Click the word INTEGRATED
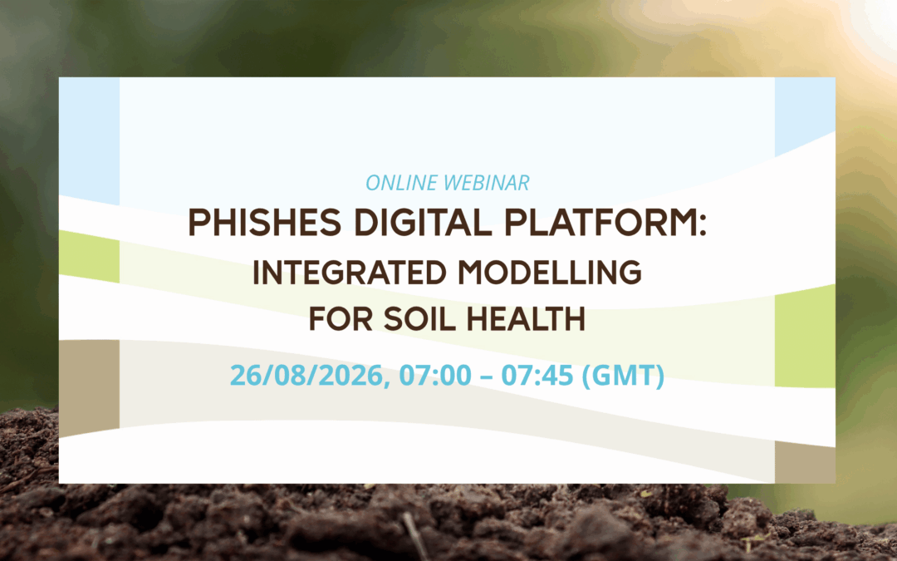(349, 273)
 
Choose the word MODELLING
(550, 273)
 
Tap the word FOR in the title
(341, 319)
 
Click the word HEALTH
(526, 319)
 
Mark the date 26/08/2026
(310, 376)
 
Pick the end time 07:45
(537, 376)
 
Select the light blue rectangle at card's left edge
(89, 140)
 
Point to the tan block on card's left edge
(89, 387)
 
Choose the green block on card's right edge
(805, 337)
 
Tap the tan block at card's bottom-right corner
(805, 463)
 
